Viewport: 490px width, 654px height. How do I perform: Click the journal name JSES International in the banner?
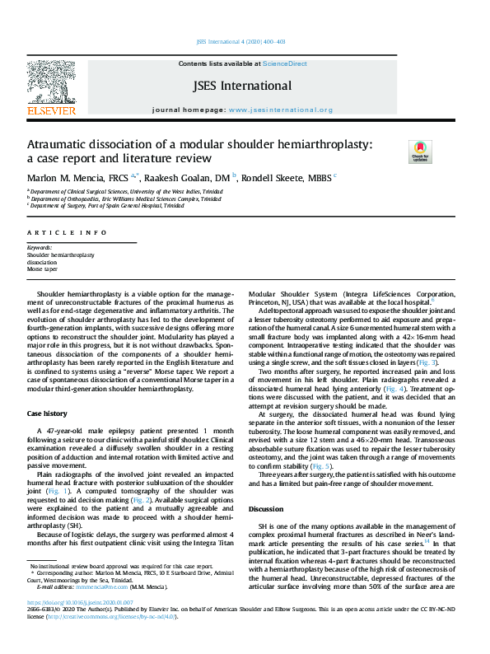241,86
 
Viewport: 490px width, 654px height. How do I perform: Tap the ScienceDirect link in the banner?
286,63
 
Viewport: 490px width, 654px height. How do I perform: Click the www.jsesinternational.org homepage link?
280,110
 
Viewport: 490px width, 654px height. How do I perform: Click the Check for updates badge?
420,152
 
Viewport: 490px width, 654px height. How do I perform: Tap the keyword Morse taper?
42,269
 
